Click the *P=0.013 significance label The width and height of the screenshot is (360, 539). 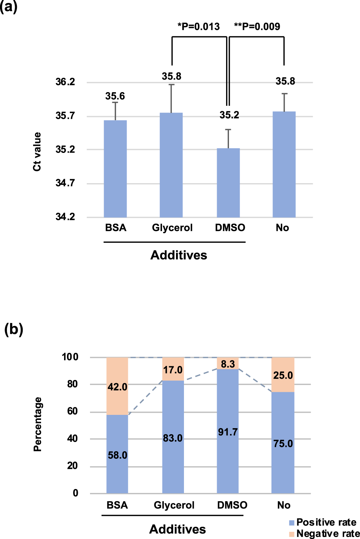point(198,27)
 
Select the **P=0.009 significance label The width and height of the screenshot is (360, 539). point(257,27)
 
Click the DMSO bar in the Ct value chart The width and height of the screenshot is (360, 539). point(228,182)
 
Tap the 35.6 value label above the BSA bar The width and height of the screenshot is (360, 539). point(115,96)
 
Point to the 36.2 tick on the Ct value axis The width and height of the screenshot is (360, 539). point(65,82)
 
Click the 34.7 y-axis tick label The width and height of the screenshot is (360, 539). point(65,183)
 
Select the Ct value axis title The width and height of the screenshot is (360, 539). point(37,151)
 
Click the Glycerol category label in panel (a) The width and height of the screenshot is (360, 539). point(172,228)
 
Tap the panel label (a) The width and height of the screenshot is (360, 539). point(9,7)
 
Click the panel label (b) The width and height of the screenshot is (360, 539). point(14,329)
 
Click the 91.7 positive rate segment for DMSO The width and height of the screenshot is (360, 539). point(228,432)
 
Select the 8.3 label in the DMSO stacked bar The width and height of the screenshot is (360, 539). point(228,364)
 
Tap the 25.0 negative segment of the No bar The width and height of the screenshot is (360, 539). point(283,375)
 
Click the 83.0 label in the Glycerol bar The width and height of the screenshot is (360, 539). point(173,438)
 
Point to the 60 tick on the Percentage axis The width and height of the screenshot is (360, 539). point(72,411)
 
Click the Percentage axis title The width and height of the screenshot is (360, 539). point(37,424)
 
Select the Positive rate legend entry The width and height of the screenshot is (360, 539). point(323,522)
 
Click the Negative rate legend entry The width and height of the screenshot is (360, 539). point(324,534)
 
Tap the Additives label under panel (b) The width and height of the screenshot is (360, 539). point(177,529)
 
